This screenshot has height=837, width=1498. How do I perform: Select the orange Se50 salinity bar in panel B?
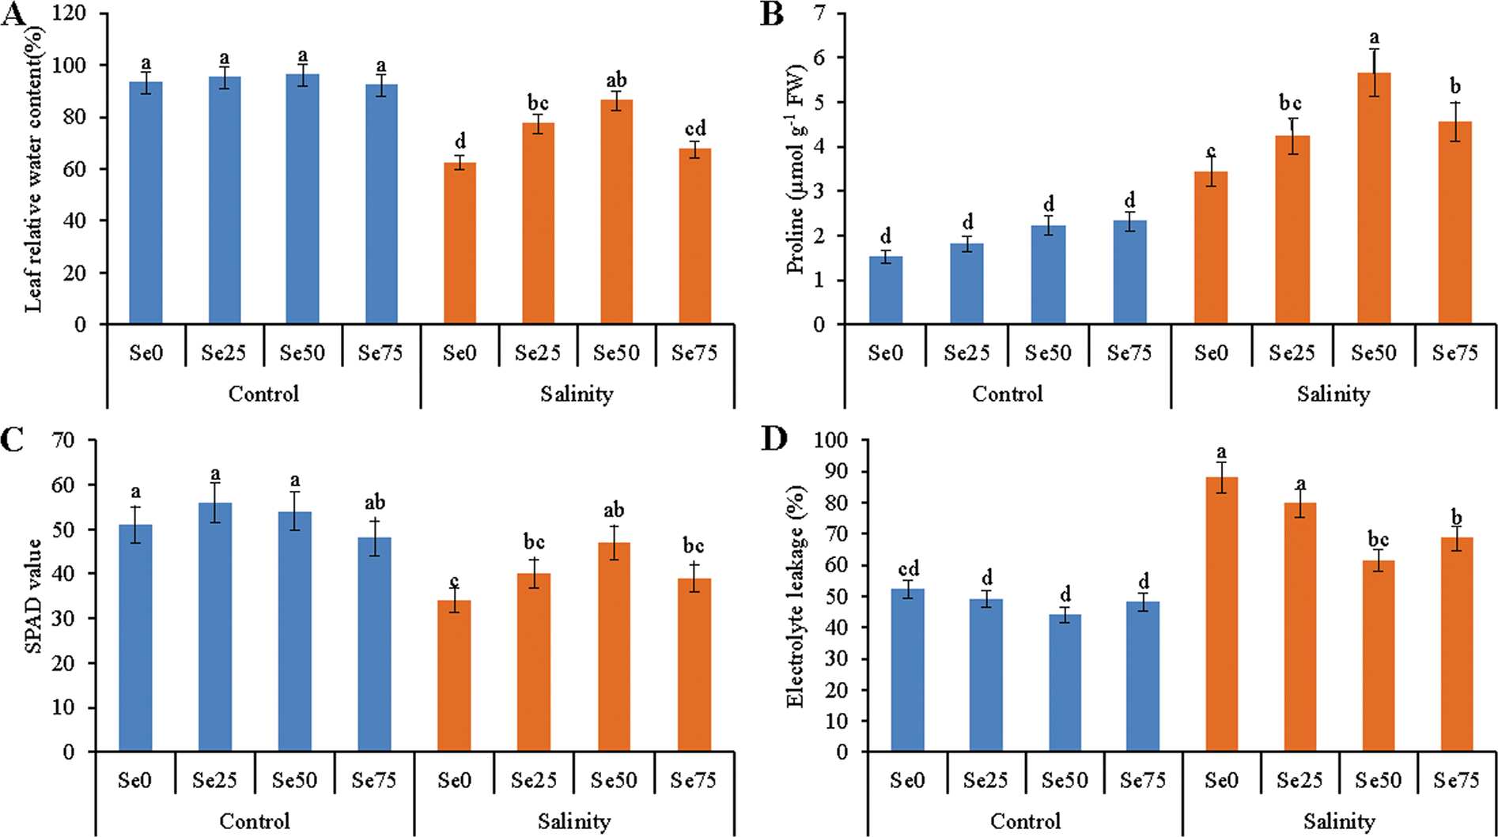click(x=1374, y=198)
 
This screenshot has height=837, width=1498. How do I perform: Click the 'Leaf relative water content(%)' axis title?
click(x=33, y=169)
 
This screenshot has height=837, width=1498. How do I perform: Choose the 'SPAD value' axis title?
click(x=33, y=597)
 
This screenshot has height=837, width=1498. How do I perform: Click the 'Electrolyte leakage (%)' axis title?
click(x=796, y=598)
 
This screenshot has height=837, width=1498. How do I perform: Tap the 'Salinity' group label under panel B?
click(x=1333, y=394)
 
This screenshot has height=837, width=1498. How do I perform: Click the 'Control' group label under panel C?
click(x=255, y=821)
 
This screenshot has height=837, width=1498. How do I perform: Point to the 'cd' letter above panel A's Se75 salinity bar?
click(x=695, y=129)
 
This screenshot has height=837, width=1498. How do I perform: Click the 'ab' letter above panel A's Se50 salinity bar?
click(x=616, y=80)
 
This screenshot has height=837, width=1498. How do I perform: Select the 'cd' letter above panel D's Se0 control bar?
click(x=907, y=569)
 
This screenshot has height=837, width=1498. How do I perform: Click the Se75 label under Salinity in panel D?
click(x=1456, y=780)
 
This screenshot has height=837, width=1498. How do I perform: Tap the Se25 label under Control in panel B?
click(x=966, y=353)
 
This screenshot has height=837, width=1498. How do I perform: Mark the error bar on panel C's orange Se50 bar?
click(x=614, y=543)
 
